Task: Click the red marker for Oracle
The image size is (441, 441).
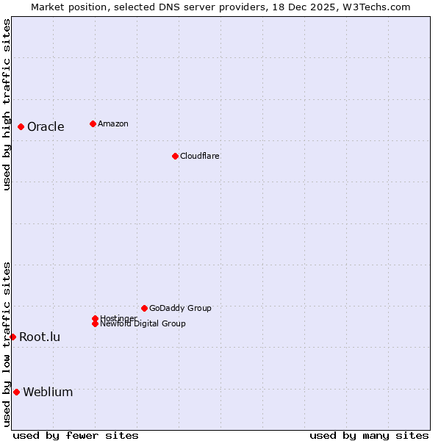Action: click(x=21, y=126)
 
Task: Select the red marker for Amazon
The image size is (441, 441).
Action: click(x=93, y=123)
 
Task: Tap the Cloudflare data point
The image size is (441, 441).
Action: click(x=175, y=156)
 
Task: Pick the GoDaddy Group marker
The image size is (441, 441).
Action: click(x=144, y=308)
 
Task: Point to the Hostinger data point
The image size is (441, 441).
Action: click(x=95, y=318)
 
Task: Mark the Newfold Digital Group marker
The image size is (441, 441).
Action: click(x=95, y=323)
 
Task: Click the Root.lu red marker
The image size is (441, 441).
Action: click(x=12, y=337)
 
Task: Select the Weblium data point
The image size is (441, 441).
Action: click(x=16, y=392)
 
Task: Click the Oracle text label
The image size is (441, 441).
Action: click(x=46, y=126)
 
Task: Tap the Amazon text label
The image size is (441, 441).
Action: click(x=113, y=123)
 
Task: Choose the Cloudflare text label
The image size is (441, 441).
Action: click(x=200, y=156)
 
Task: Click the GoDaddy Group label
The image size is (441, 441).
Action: click(x=180, y=308)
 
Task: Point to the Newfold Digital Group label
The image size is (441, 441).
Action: click(x=143, y=324)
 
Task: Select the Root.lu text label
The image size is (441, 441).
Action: click(x=40, y=337)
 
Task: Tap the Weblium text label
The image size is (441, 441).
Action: click(x=48, y=392)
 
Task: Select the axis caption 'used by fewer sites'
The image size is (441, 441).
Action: click(x=76, y=435)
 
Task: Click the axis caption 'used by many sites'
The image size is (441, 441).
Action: click(x=369, y=435)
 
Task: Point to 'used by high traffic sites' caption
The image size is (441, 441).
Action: click(x=7, y=104)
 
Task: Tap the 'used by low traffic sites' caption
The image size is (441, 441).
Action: click(x=7, y=344)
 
